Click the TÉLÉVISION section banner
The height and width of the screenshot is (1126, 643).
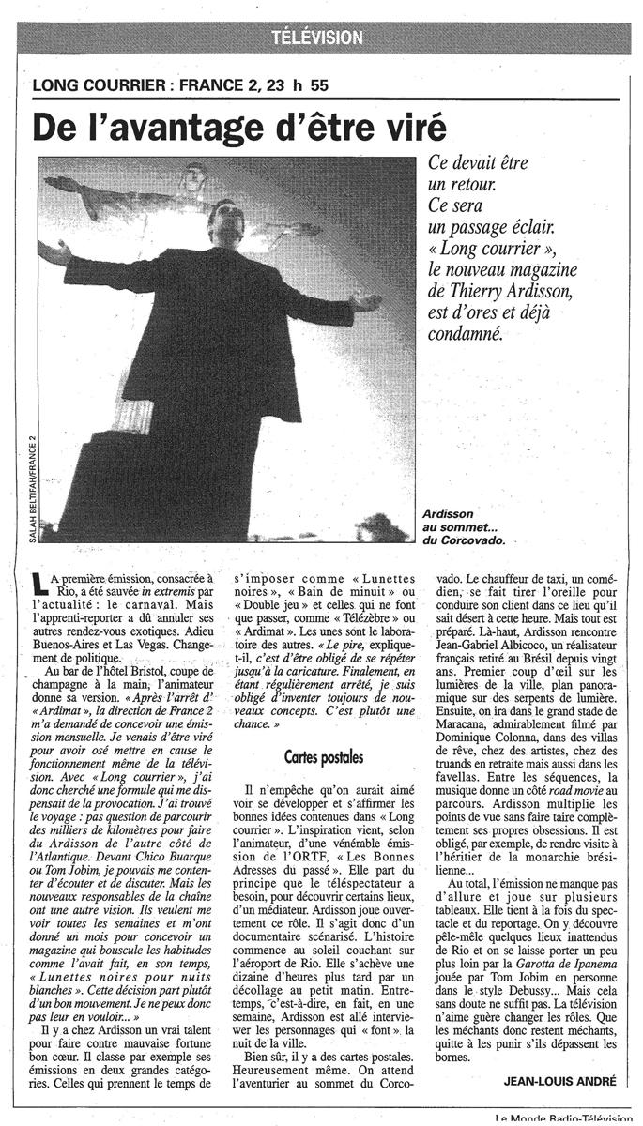point(316,38)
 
